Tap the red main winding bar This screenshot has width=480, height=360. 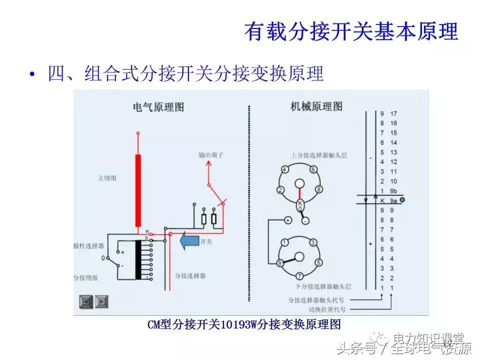pos(138,190)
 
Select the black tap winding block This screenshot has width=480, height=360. pos(138,260)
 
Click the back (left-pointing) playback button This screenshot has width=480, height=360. pos(85,302)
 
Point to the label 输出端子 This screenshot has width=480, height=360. pos(210,155)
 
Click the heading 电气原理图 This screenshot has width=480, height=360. pos(158,106)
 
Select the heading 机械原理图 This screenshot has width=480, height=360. pos(316,106)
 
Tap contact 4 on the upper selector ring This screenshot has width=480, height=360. pos(284,170)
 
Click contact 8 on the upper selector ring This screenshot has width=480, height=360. pos(318,190)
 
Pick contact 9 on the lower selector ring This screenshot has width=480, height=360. pos(280,262)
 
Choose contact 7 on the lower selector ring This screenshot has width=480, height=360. pos(299,276)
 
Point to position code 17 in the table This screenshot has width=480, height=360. pos(393,113)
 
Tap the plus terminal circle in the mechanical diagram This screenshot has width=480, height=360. pos(288,220)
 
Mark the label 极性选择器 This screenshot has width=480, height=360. pos(88,246)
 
